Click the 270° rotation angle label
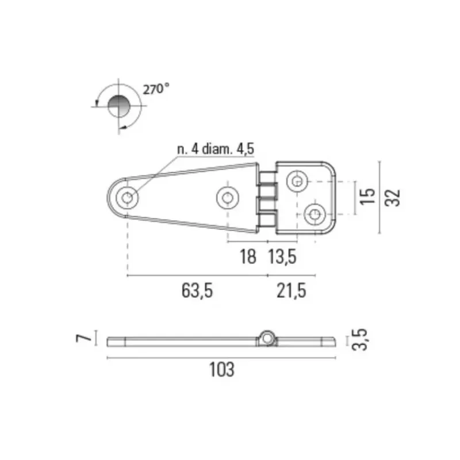pos(156,89)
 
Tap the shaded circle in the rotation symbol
pos(119,106)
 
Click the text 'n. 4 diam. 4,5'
pos(216,149)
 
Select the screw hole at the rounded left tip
pos(127,198)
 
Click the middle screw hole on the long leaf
pos(228,198)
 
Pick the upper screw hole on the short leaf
pos(297,181)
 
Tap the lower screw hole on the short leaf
pos(315,214)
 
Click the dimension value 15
pos(367,196)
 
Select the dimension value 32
pos(393,198)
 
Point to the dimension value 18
pos(248,256)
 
